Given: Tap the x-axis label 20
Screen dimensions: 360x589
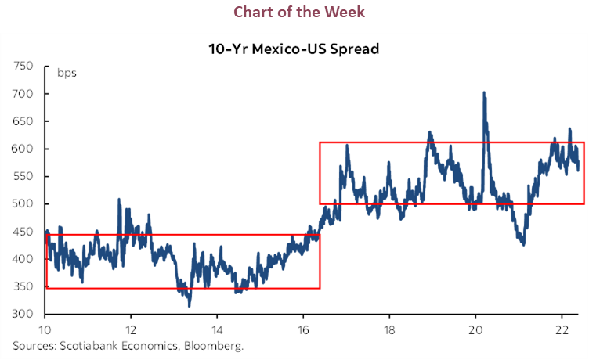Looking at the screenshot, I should click(475, 329).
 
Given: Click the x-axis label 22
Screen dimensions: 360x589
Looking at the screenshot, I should click(562, 329).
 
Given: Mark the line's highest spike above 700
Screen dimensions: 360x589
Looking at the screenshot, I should click(484, 93).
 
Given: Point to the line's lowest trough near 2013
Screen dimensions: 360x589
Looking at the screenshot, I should click(189, 305).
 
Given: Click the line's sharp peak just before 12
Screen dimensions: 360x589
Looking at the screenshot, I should click(119, 200).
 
